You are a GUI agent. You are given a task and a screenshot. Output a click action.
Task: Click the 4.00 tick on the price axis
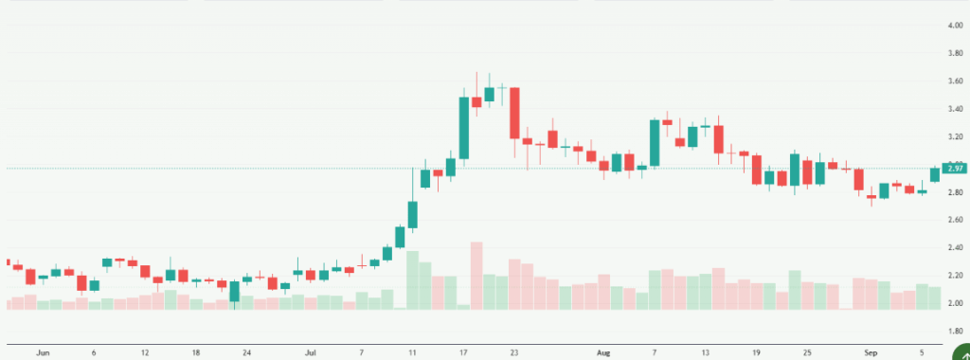tap(956, 26)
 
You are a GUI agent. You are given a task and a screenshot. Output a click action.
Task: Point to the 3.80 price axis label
tap(956, 54)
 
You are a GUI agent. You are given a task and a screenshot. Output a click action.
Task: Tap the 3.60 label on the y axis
tap(956, 81)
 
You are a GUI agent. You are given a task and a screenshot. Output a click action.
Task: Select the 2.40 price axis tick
tap(956, 248)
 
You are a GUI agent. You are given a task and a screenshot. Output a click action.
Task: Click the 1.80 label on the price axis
tap(956, 331)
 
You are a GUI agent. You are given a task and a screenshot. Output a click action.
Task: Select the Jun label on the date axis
tap(43, 352)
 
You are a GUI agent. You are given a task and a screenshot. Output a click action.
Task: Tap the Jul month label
tap(311, 352)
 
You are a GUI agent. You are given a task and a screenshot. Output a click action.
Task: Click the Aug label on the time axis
tap(604, 352)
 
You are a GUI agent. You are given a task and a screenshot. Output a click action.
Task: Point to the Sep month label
tap(871, 352)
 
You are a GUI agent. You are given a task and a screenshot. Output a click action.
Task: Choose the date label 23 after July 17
tap(514, 352)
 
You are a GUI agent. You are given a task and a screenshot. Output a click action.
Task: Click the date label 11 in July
tap(413, 352)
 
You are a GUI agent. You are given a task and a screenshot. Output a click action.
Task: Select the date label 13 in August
tap(706, 352)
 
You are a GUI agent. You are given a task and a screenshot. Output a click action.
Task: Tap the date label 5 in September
tap(922, 352)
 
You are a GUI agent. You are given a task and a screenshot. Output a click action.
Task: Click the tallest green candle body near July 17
tap(464, 128)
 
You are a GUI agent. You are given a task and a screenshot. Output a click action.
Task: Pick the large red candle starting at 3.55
tap(514, 113)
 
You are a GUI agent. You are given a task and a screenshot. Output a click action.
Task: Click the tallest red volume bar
tap(476, 275)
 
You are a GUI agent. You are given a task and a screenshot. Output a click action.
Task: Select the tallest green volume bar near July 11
tap(413, 279)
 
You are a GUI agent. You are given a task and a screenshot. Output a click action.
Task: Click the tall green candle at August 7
tap(655, 143)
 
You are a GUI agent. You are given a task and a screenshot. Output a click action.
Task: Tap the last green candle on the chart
tap(935, 174)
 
